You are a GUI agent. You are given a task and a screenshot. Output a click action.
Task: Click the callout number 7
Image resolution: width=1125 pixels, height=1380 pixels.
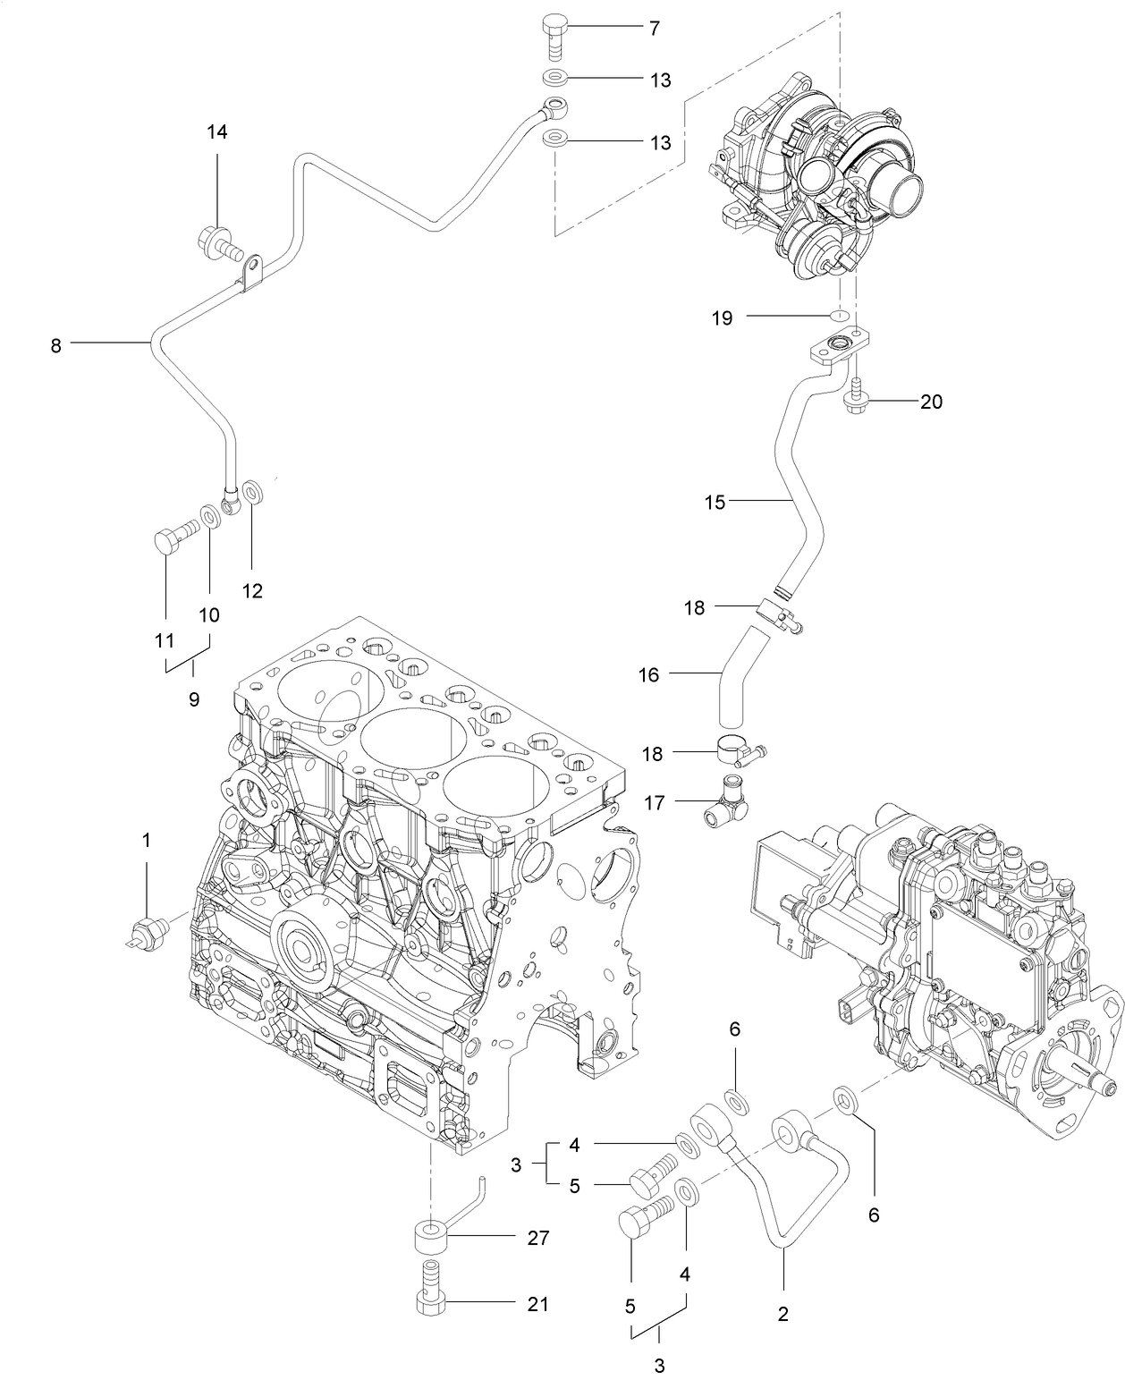[x=654, y=29]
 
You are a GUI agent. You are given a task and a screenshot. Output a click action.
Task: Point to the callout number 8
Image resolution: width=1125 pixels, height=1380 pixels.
[x=55, y=345]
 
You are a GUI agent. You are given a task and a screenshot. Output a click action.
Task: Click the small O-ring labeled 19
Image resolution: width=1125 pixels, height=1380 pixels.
[x=838, y=316]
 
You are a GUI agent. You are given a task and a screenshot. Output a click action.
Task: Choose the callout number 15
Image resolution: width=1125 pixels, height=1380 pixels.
[x=715, y=502]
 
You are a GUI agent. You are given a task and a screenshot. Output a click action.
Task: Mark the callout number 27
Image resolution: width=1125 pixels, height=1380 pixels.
[x=537, y=1238]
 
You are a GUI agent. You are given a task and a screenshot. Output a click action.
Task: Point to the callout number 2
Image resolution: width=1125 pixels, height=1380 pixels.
[x=783, y=1314]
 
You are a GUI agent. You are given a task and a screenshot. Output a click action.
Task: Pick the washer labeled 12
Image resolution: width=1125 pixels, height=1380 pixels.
[x=254, y=493]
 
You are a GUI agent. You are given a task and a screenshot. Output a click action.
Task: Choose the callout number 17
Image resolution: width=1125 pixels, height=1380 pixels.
[x=655, y=803]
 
